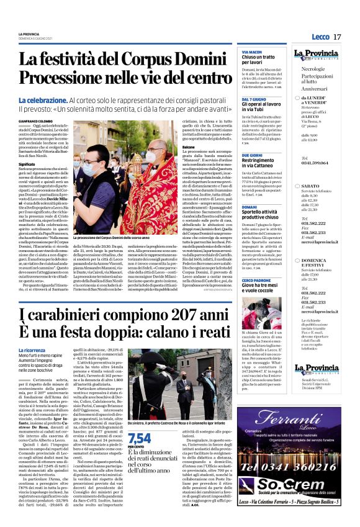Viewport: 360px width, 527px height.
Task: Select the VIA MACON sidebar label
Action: pyautogui.click(x=252, y=52)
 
